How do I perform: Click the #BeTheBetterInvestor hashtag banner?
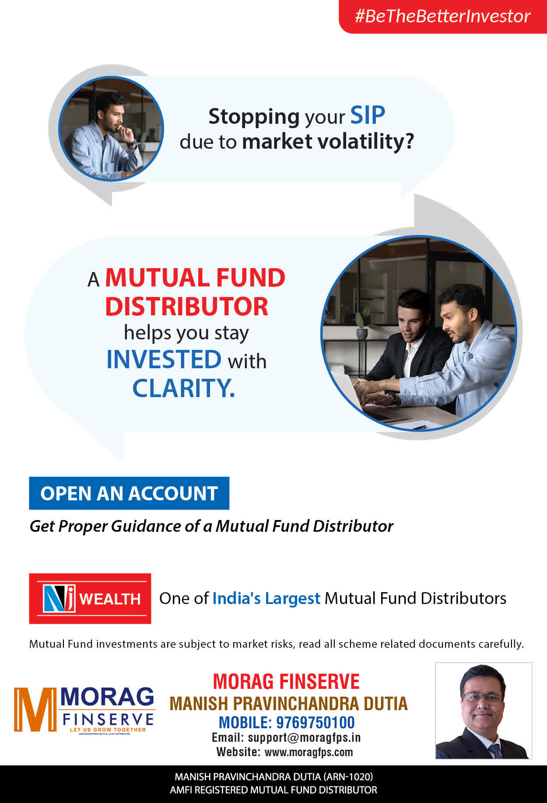[443, 17]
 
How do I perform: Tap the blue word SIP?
[368, 115]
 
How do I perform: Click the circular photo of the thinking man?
[111, 129]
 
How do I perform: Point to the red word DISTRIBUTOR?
[187, 307]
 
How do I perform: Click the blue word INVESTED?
[164, 360]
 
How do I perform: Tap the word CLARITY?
[184, 388]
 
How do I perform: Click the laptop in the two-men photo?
[350, 389]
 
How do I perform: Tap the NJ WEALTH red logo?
[90, 598]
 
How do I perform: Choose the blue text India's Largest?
[266, 598]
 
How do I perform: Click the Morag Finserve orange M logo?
[35, 709]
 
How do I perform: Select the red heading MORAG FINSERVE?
[286, 682]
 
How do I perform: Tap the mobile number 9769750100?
[316, 723]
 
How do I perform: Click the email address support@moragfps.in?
[304, 738]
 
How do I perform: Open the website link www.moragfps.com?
[309, 752]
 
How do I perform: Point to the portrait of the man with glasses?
[484, 711]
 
